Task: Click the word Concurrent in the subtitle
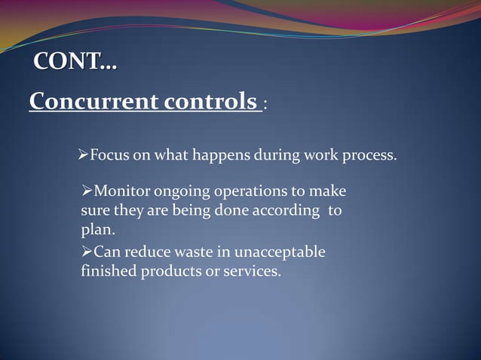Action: [90, 101]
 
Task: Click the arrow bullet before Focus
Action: [84, 156]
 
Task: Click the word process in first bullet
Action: [371, 156]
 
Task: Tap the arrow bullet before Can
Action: [87, 252]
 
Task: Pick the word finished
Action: [109, 270]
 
